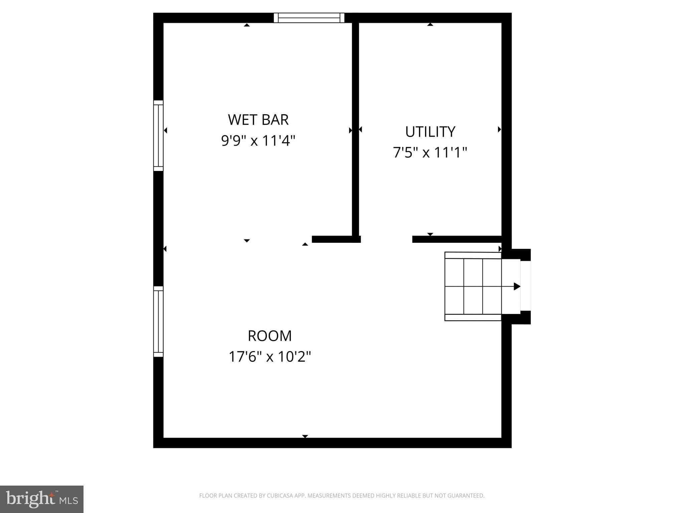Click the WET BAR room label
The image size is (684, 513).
258,120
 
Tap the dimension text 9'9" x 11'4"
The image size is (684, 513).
258,141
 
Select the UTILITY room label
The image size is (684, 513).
430,132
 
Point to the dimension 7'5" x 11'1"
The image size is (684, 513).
430,153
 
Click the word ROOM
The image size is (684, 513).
270,336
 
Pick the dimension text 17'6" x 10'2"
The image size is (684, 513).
270,357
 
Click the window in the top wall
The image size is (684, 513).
309,18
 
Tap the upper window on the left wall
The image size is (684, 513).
158,136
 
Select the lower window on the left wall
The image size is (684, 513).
158,322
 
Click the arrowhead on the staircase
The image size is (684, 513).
517,286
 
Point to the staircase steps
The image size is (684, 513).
473,286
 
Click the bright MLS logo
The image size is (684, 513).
41,499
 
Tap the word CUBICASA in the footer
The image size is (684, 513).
280,496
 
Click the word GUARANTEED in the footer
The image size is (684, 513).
466,496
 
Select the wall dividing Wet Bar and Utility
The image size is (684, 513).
355,127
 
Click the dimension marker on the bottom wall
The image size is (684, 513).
305,436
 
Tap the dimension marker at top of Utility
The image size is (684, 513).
430,24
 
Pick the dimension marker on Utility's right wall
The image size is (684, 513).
499,129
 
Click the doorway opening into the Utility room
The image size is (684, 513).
386,239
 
